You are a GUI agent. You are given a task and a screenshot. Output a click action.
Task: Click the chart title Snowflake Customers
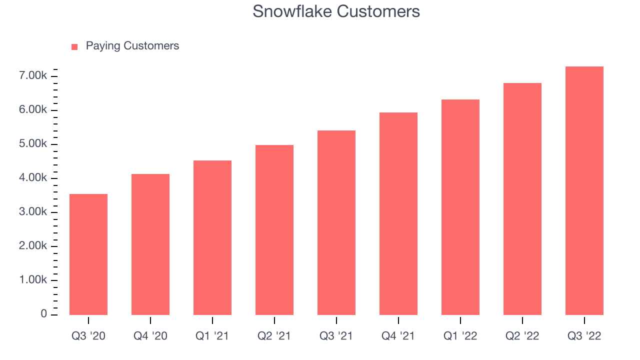pos(336,11)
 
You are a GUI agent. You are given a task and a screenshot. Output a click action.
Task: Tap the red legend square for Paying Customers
pos(74,47)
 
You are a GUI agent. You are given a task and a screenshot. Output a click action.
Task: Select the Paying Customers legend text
pos(132,46)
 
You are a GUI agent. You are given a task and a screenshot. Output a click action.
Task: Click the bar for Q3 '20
pos(88,254)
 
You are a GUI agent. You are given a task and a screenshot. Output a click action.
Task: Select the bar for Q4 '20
pos(150,244)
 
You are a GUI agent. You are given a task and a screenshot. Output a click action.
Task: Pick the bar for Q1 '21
pos(212,237)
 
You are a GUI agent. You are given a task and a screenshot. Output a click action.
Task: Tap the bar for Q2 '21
pos(274,230)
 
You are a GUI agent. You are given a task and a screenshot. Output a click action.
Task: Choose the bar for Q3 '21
pos(336,223)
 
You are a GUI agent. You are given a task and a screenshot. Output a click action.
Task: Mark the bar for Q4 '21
pos(398,213)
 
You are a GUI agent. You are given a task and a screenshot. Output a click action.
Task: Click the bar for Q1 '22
pos(460,207)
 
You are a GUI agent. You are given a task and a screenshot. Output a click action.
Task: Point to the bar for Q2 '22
pos(522,199)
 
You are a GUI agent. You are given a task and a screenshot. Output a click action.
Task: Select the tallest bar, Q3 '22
pos(584,191)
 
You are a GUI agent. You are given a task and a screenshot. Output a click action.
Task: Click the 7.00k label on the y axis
pos(33,75)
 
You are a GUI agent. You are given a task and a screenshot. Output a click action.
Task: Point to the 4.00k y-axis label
pos(33,177)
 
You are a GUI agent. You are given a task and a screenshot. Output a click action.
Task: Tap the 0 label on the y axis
pos(43,313)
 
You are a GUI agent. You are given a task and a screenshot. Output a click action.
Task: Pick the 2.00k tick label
pos(33,245)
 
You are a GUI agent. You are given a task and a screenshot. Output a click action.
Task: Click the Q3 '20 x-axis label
pos(88,336)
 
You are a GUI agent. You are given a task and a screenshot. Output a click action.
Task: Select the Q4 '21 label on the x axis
pos(398,336)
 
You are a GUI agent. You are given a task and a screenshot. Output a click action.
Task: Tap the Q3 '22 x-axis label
pos(584,336)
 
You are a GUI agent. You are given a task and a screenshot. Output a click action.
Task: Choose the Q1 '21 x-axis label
pos(212,336)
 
